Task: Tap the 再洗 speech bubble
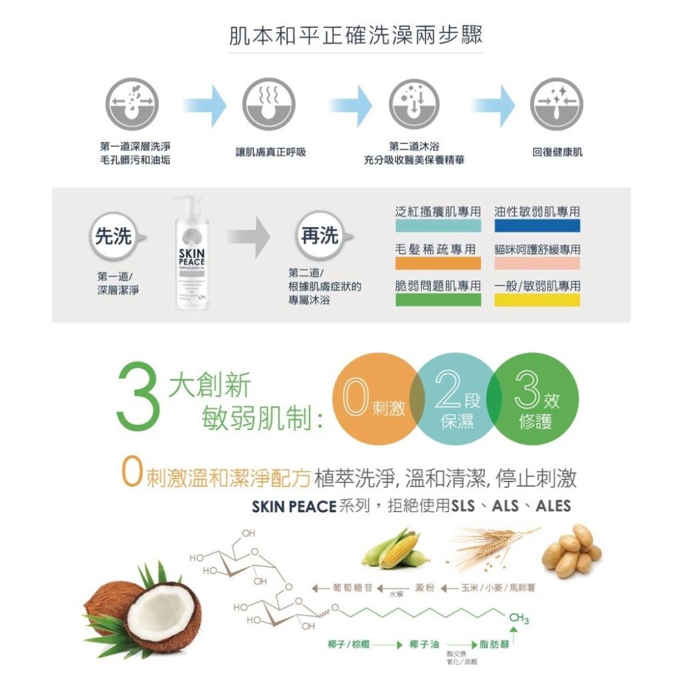320,237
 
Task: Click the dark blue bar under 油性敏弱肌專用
537,226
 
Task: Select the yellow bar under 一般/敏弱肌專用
537,301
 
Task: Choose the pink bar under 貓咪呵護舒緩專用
537,263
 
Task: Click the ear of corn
397,550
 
